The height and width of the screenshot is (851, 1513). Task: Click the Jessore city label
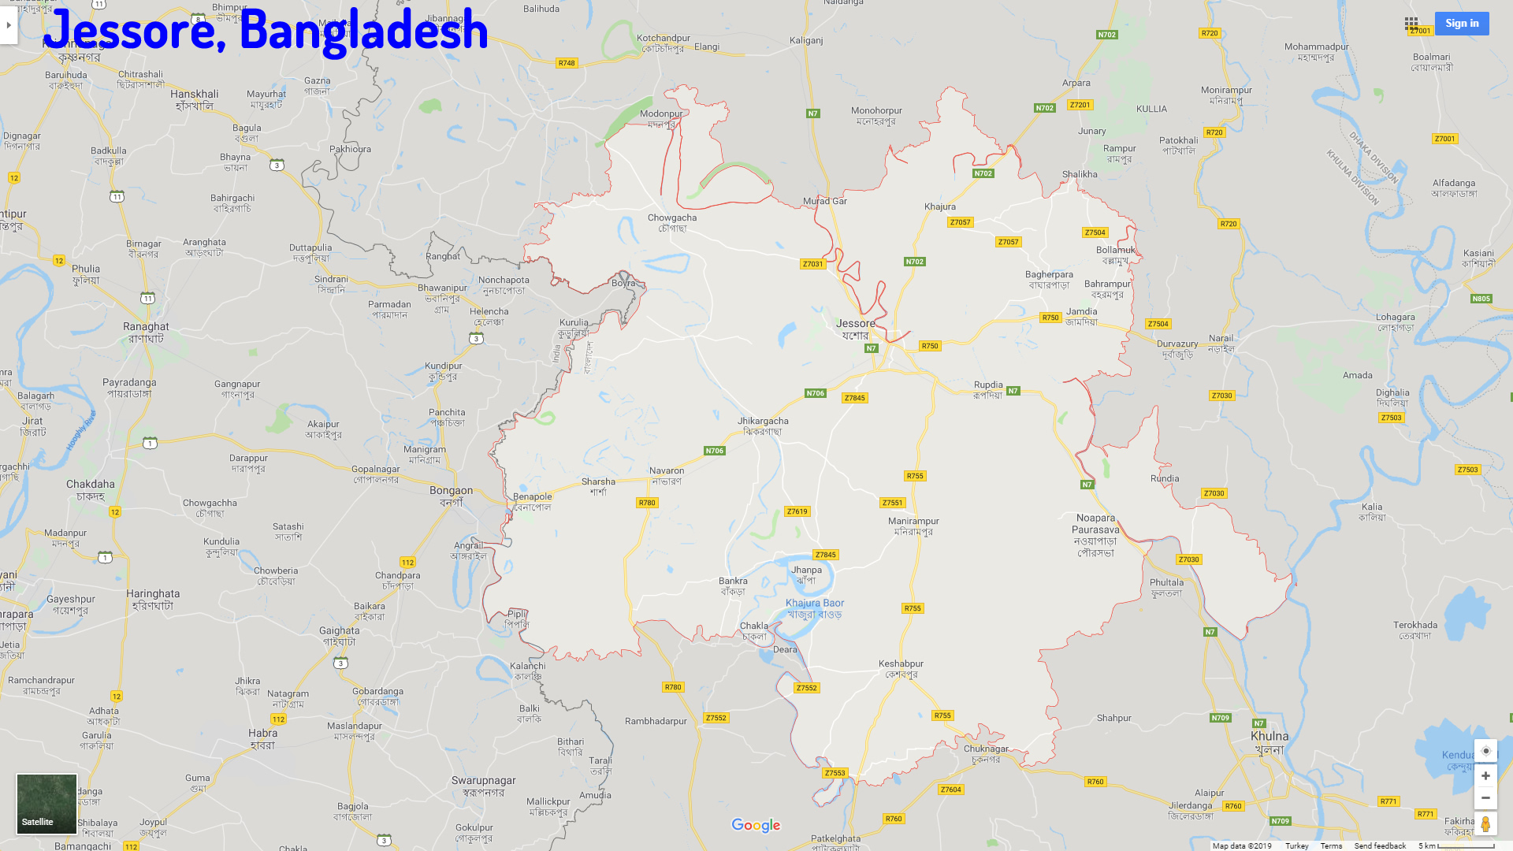pyautogui.click(x=855, y=329)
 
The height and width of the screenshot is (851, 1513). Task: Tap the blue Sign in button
pyautogui.click(x=1461, y=24)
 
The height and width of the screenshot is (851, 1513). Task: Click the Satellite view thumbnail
pyautogui.click(x=46, y=803)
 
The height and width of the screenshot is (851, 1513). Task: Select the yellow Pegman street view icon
pyautogui.click(x=1485, y=824)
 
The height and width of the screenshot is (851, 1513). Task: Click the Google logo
pyautogui.click(x=755, y=825)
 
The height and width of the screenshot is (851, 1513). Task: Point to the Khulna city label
pyautogui.click(x=1269, y=742)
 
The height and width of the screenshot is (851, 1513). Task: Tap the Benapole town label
pyautogui.click(x=532, y=502)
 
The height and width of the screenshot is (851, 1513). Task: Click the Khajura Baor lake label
pyautogui.click(x=814, y=608)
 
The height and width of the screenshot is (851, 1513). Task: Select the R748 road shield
pyautogui.click(x=566, y=63)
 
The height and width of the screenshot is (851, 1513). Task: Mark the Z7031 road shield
pyautogui.click(x=812, y=264)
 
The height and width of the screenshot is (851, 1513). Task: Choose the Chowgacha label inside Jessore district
pyautogui.click(x=671, y=223)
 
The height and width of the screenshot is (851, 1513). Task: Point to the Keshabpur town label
pyautogui.click(x=901, y=669)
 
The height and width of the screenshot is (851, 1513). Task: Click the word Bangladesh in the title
pyautogui.click(x=363, y=30)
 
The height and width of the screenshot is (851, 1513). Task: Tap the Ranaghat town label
pyautogui.click(x=146, y=332)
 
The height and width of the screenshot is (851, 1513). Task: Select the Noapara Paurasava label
pyautogui.click(x=1095, y=535)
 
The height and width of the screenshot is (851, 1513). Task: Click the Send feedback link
pyautogui.click(x=1379, y=845)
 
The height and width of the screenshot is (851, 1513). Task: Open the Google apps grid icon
pyautogui.click(x=1411, y=24)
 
